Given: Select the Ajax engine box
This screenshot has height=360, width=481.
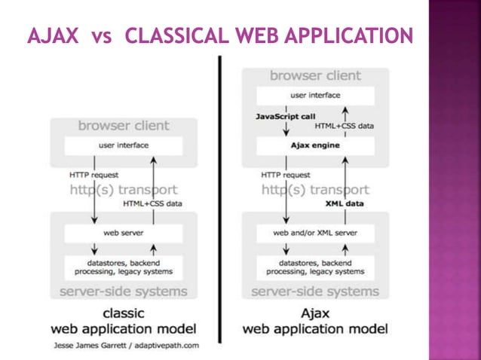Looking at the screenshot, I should pos(315,145).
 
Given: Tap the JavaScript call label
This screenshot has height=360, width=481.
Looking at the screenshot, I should pos(286,117).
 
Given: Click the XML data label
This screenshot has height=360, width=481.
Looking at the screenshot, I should pos(345,203).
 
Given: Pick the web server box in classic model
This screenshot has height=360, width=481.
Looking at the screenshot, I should pos(124,233).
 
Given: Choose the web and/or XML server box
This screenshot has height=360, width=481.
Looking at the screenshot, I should pos(315,233).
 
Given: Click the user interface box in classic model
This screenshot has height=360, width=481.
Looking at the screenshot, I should pos(124,145).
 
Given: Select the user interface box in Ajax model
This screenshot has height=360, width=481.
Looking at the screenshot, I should pos(315,96).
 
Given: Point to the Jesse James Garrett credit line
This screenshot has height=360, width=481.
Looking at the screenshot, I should pos(126,346).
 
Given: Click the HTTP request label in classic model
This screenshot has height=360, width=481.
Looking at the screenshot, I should pos(94,175).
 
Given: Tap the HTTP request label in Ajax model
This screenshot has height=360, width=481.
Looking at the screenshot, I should pos(286,175).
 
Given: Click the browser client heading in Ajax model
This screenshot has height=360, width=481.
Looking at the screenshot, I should pos(315,76).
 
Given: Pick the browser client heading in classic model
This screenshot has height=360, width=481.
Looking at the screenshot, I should pos(124,126).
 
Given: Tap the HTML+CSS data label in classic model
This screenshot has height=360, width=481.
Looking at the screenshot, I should pos(153,203).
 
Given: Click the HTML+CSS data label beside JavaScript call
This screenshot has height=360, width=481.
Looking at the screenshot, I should pos(345,126).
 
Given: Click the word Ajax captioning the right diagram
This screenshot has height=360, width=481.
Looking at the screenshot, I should pos(315,313).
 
